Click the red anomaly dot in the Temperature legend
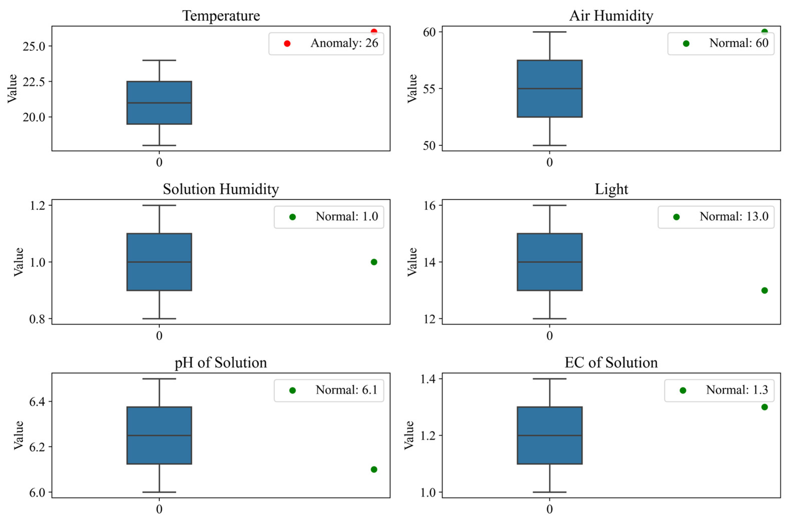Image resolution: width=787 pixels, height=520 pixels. [x=287, y=44]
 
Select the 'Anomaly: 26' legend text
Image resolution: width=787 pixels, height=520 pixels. [x=344, y=43]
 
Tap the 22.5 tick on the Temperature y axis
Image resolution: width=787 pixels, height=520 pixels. [x=33, y=82]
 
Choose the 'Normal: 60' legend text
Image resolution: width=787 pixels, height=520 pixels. [x=738, y=43]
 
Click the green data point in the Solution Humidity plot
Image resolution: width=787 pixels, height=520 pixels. [x=374, y=262]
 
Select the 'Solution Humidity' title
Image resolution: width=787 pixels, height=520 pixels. [x=221, y=189]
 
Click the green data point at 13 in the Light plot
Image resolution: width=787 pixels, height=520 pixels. [x=764, y=290]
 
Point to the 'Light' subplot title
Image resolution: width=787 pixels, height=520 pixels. [x=611, y=189]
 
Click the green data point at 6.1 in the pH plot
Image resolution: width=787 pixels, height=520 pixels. [x=374, y=469]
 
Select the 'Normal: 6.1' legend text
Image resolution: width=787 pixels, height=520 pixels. [x=346, y=390]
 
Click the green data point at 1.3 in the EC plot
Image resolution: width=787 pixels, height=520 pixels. [x=764, y=407]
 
